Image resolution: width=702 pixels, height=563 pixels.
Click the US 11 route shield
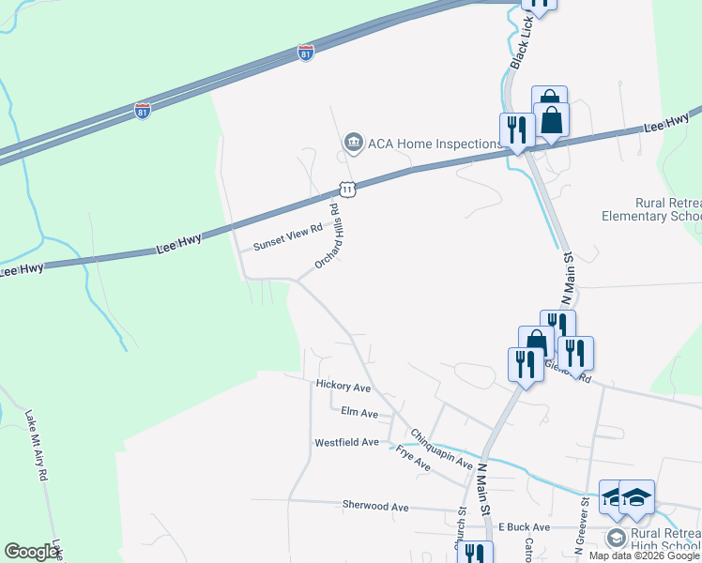(347, 190)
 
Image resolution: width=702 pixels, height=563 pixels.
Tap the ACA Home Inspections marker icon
(353, 143)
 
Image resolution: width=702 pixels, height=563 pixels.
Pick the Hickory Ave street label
(343, 386)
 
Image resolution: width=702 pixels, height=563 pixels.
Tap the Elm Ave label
(359, 413)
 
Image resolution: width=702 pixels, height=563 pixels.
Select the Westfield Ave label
(346, 442)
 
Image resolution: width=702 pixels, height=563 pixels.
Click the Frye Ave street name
(413, 459)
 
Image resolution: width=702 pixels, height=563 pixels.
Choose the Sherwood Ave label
(375, 506)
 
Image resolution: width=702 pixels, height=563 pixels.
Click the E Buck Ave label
(524, 526)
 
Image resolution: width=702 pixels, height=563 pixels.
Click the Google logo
(31, 552)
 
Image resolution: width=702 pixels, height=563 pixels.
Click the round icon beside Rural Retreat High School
(616, 537)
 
